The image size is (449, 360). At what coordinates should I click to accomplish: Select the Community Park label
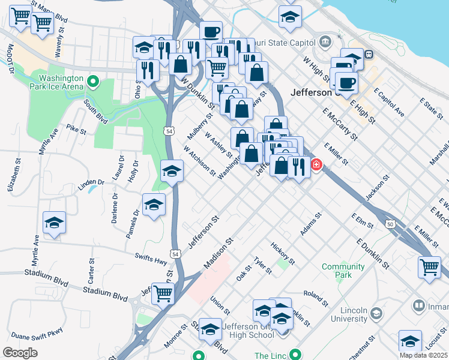pos(343,271)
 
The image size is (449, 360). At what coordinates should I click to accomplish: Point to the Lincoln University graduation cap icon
pos(376,313)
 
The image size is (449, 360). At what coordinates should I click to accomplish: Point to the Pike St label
pos(77,129)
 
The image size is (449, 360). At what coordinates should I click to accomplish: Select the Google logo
pos(20,352)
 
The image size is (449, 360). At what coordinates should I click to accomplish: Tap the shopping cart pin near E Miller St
pos(430,268)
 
